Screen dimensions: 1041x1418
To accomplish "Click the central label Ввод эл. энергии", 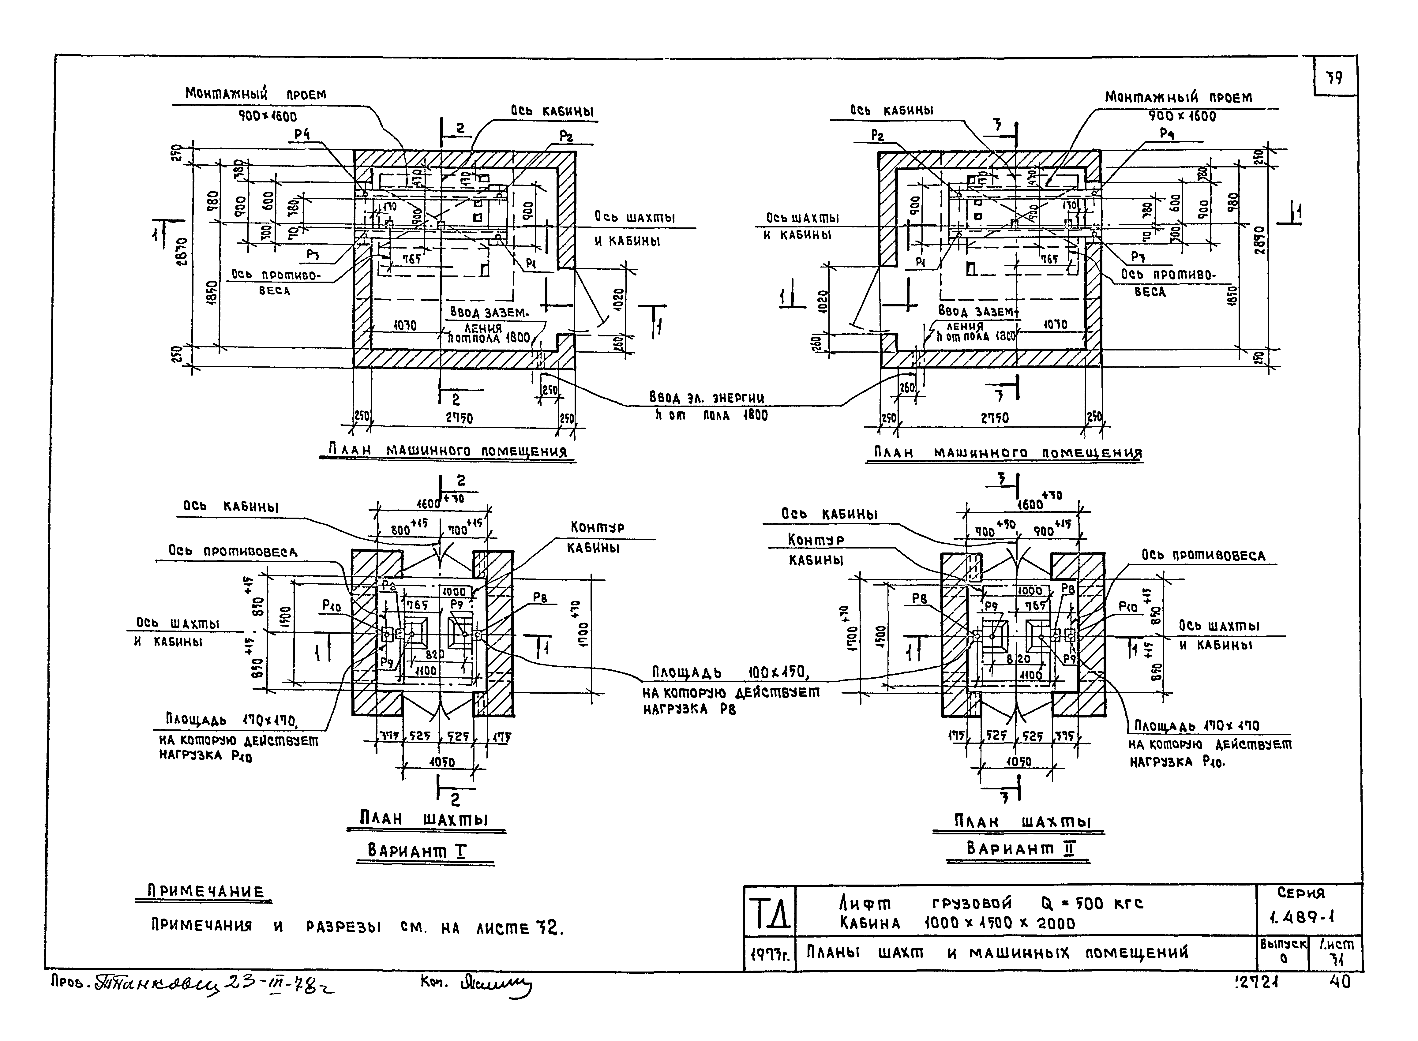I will pyautogui.click(x=707, y=398).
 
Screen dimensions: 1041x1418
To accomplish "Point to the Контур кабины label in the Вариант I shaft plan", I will pyautogui.click(x=596, y=536).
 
